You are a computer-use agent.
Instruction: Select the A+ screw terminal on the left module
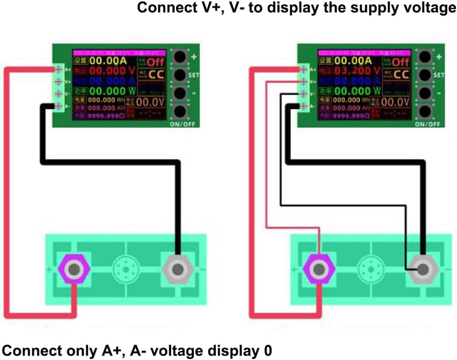tap(58, 69)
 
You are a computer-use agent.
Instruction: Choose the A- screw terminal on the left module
tap(58, 106)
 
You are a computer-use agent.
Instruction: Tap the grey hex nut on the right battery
tap(422, 269)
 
